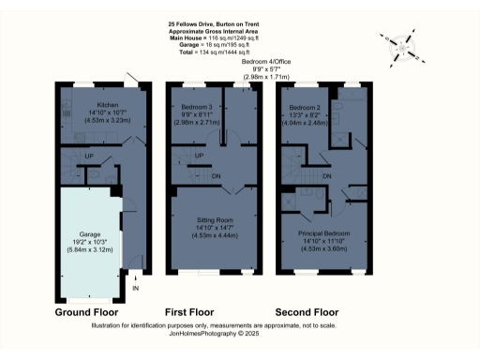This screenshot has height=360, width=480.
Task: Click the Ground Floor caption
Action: point(85,310)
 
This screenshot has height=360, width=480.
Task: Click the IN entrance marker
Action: point(135,289)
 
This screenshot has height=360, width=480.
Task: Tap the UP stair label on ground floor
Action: point(89,156)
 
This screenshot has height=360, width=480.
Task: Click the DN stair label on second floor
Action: point(327,175)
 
